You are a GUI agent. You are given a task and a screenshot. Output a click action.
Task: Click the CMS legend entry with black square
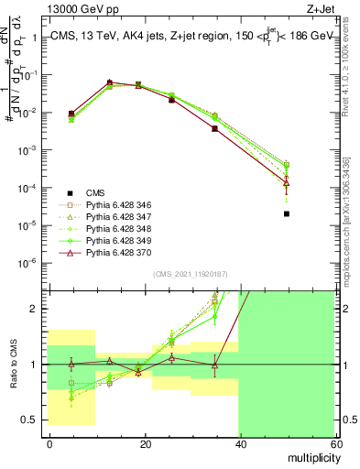pyautogui.click(x=96, y=193)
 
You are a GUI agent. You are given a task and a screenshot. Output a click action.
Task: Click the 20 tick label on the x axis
pyautogui.click(x=144, y=443)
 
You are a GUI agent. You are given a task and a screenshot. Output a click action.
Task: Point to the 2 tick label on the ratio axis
pyautogui.click(x=39, y=310)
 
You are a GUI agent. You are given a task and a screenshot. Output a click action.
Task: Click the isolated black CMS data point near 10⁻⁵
pyautogui.click(x=287, y=214)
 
